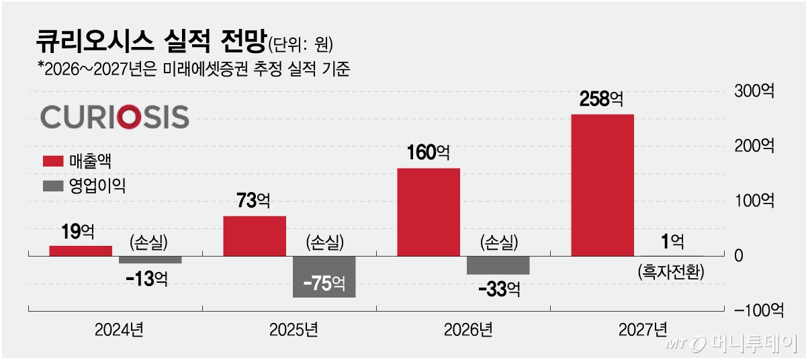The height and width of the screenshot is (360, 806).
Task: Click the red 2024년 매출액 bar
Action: (81, 251)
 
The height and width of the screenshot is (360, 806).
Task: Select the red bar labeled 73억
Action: (254, 236)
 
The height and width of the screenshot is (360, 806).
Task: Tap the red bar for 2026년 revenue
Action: (429, 212)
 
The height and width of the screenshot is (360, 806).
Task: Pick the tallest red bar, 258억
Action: (602, 185)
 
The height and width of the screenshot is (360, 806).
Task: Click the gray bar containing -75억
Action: (324, 277)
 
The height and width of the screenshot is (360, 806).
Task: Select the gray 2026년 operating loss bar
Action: (498, 265)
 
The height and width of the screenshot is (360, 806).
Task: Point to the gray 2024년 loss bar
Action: (150, 259)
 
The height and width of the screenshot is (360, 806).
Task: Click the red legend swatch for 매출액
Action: (52, 161)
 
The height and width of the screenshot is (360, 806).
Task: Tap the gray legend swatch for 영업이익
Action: (52, 185)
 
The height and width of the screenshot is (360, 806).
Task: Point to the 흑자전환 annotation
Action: (669, 273)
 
